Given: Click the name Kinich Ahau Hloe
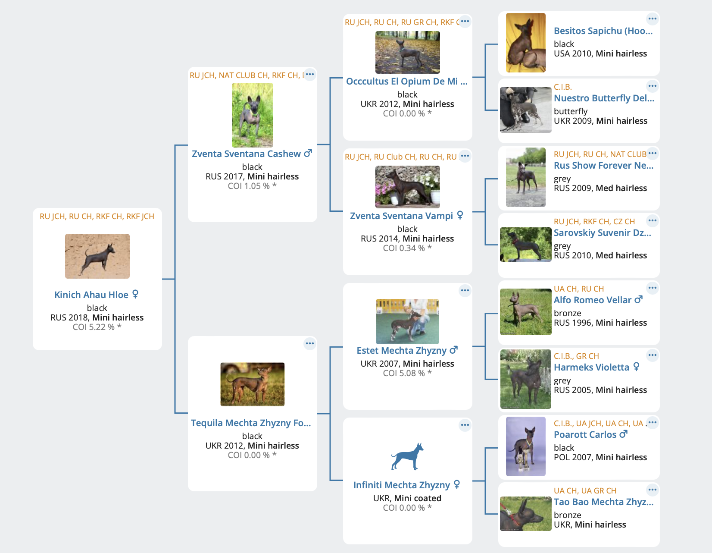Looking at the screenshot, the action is point(91,295).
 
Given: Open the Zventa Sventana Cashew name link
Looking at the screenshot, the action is point(246,154).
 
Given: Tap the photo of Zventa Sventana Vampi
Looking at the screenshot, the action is point(407,187).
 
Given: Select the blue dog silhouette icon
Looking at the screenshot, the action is point(407,456).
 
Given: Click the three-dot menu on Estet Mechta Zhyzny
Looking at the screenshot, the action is point(465,290).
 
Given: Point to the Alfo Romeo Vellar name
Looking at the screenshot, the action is point(593,300).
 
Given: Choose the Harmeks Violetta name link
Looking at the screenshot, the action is point(591,367).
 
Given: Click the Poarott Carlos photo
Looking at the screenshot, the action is point(525,446).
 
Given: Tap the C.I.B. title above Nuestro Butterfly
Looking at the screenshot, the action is point(562,87).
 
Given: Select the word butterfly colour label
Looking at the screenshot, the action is point(571,111).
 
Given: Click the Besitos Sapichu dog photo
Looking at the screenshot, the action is point(525,43).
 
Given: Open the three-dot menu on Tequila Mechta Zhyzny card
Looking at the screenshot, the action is point(309,343).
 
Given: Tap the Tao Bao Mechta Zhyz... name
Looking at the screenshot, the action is point(603,502).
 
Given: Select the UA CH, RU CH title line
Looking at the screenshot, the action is point(579,289).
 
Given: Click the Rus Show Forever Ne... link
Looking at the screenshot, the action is point(603,166).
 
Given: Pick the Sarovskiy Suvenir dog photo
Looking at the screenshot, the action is point(525,245).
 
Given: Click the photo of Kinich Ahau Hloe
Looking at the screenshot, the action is point(97,256).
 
